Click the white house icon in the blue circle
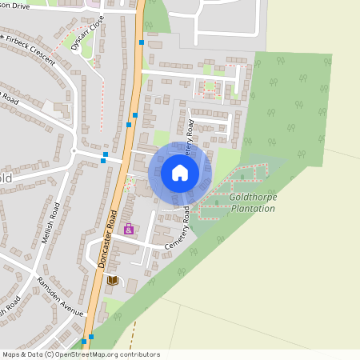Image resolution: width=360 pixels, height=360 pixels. [180, 172]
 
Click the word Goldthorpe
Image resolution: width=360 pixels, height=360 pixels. [252, 197]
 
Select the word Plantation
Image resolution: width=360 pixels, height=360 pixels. [252, 209]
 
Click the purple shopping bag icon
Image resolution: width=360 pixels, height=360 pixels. [128, 230]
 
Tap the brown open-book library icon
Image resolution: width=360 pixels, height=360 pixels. [112, 280]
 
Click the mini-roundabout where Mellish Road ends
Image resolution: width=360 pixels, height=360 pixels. [73, 150]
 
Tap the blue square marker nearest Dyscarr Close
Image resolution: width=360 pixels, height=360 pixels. [142, 42]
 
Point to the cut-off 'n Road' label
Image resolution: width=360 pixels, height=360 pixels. [8, 99]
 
